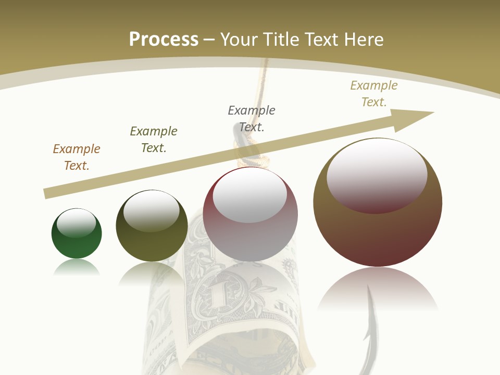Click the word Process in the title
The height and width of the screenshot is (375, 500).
pos(164,40)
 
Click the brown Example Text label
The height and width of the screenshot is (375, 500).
pos(77,157)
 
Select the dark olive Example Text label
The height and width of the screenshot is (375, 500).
pos(154,140)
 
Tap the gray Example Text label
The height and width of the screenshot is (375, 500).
pos(252,119)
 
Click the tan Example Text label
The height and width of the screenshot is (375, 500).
pos(374,94)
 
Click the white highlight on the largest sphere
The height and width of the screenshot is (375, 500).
pos(377,174)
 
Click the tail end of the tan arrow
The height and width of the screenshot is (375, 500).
pos(47,194)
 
